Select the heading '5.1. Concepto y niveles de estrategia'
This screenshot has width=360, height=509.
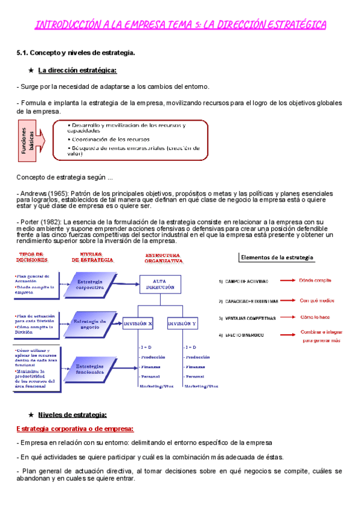(76, 53)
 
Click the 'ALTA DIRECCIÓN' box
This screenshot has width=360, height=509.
(161, 284)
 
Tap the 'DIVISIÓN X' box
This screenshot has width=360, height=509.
(137, 324)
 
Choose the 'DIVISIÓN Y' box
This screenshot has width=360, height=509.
(182, 324)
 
